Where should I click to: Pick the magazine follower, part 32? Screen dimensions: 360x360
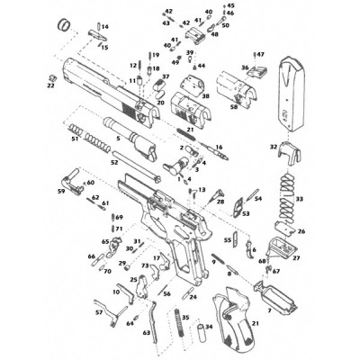point(289,154)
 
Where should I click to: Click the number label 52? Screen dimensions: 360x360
point(114,163)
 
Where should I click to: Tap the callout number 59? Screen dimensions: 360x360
point(60,192)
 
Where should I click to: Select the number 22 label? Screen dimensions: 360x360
point(50,86)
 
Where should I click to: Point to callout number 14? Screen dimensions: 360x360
point(104,28)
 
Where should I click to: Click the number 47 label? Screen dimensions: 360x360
point(262,55)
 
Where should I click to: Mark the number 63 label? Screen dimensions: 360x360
point(146,333)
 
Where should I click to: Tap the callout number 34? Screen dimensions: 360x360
point(209,327)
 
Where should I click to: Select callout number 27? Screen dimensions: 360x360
point(295,258)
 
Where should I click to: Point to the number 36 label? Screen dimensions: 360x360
point(244,67)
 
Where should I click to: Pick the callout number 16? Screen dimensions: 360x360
point(219,147)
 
